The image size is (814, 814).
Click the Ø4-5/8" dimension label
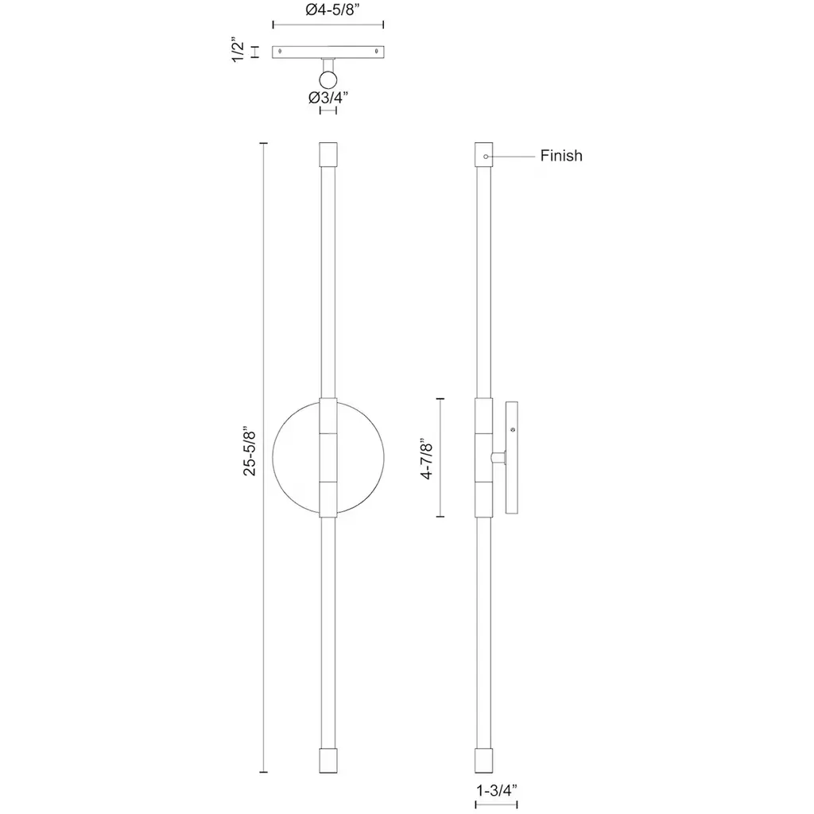click(332, 10)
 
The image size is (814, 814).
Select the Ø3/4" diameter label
click(328, 98)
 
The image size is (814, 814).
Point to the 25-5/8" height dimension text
click(250, 452)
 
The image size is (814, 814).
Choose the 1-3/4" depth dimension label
click(497, 791)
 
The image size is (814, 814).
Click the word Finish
click(561, 156)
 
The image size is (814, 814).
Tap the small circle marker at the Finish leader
click(486, 157)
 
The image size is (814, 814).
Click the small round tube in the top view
click(328, 80)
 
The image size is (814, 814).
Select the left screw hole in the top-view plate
click(281, 52)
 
